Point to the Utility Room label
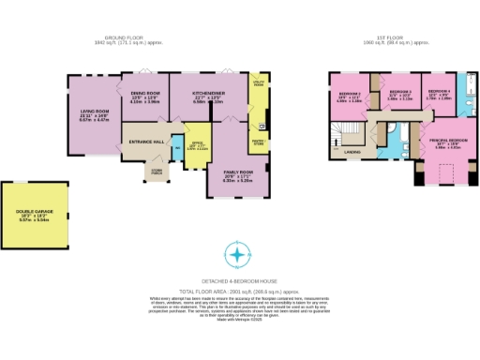tap(259, 84)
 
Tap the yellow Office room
tap(197, 149)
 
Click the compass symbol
tap(239, 254)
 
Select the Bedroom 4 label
tap(440, 94)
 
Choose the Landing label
tap(354, 150)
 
